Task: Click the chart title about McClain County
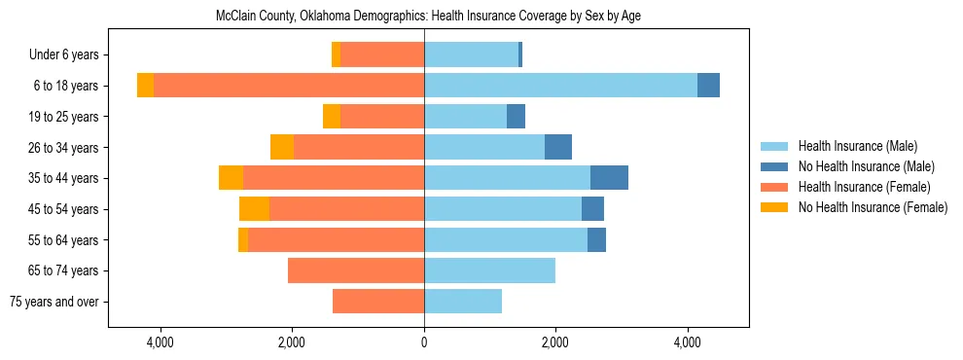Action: (428, 17)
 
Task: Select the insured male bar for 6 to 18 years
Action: (560, 86)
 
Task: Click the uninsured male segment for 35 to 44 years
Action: (609, 178)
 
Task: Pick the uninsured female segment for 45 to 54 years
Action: (254, 209)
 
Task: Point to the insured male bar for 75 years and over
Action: (463, 302)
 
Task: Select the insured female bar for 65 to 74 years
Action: (356, 270)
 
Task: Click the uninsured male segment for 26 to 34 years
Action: (558, 147)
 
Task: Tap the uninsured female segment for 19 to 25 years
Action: (332, 117)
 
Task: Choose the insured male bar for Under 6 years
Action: (471, 54)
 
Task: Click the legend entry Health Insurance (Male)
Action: (857, 146)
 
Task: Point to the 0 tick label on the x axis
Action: (424, 342)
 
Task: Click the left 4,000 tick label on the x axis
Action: (160, 342)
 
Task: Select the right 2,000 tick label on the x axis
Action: (555, 342)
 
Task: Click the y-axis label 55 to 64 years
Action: (65, 240)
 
